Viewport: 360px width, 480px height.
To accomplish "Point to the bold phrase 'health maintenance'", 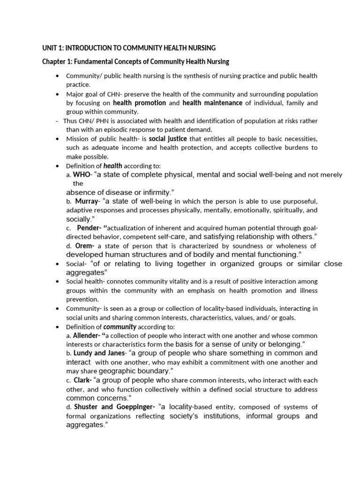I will (x=212, y=103).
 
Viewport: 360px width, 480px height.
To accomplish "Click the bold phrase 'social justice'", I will (x=168, y=139).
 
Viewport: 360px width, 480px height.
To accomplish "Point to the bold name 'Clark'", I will (x=82, y=380).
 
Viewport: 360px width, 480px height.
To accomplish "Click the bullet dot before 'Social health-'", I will (x=57, y=282).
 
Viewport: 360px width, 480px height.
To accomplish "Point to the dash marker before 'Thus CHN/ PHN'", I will (x=57, y=121).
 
